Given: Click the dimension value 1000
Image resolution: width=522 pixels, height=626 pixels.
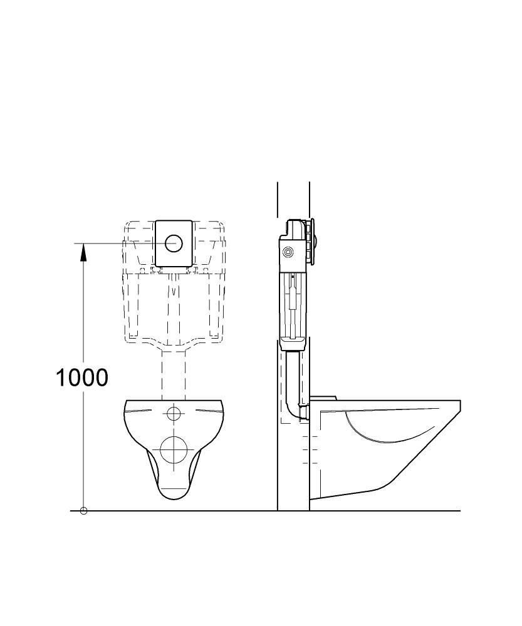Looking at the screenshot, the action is tap(82, 377).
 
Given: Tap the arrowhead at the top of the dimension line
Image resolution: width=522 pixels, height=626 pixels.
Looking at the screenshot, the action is tap(83, 252).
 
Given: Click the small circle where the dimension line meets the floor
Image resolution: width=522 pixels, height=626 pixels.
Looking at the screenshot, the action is tap(83, 511).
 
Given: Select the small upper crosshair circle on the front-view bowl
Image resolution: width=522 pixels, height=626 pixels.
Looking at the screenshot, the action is tap(174, 413).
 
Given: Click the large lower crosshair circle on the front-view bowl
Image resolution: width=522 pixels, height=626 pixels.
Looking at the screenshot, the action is tap(174, 449).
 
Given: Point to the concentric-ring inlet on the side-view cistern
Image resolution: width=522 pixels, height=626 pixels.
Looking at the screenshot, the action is tap(288, 252).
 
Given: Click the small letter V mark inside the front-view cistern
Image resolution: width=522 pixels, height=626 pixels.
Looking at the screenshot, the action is tap(174, 291).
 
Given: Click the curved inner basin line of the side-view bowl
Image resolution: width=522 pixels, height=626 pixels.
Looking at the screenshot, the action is tap(384, 433).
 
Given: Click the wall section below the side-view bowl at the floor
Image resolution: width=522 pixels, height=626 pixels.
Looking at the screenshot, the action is tap(293, 505).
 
